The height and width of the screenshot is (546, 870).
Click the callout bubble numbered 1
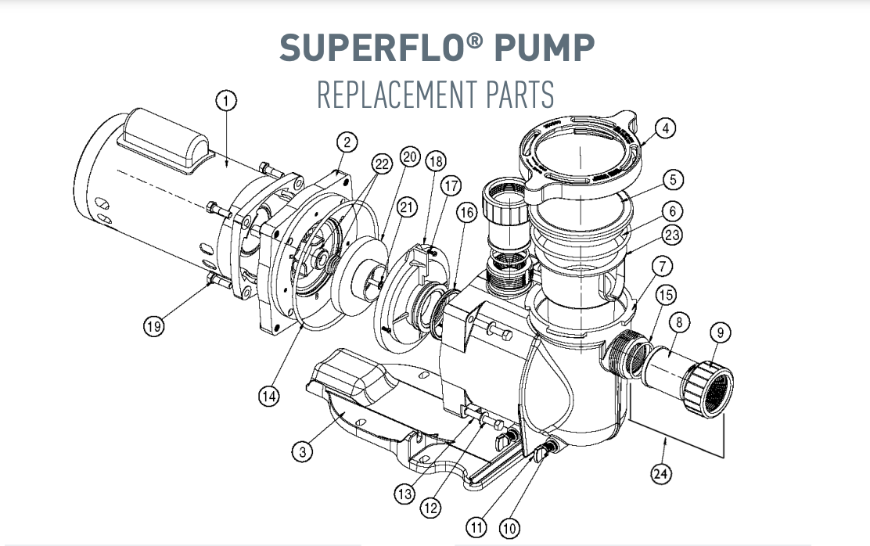coord(225,100)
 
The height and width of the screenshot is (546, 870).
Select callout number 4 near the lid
coord(664,128)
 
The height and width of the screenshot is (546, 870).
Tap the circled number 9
coord(721,332)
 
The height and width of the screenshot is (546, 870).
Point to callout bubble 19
coord(153,326)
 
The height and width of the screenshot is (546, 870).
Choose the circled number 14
coord(268,397)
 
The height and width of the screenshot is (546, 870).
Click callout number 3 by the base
coord(302,451)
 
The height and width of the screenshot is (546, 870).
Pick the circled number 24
coord(662,474)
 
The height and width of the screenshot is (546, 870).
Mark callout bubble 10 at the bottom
coord(509,529)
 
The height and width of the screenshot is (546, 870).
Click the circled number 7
coord(662,267)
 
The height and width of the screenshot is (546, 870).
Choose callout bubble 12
coord(430,508)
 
